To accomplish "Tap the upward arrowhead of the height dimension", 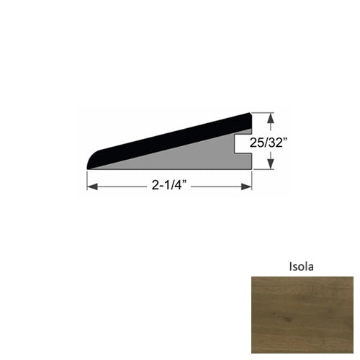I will coord(271,116).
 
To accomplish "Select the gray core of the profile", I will coord(194,156).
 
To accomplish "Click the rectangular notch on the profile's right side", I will coord(244,144).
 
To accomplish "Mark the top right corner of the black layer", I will coord(249,114).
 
